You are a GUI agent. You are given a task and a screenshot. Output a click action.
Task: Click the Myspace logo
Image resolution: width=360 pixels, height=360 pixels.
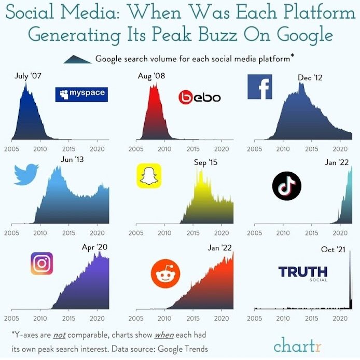click(81, 94)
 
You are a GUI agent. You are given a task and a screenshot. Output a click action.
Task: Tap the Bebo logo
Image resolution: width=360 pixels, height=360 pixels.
click(200, 97)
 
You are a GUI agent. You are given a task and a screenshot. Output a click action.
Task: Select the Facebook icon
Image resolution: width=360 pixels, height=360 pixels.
click(260, 87)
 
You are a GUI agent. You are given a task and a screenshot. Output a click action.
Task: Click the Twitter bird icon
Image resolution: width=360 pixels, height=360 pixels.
click(26, 175)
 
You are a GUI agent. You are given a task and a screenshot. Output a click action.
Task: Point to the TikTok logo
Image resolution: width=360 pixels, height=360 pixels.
click(286, 186)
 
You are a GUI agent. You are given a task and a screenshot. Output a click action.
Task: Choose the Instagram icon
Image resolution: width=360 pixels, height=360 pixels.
click(42, 263)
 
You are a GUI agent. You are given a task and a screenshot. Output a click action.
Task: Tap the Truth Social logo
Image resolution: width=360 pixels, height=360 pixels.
click(303, 273)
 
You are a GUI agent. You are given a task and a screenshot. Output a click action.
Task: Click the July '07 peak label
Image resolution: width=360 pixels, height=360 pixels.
click(28, 76)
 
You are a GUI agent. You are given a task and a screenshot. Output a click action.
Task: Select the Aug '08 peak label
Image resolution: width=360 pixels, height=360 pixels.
click(151, 76)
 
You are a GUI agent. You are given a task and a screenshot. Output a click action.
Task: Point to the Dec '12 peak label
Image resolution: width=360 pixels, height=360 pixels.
click(310, 77)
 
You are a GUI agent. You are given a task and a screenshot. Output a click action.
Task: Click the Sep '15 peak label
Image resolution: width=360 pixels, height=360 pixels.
click(205, 162)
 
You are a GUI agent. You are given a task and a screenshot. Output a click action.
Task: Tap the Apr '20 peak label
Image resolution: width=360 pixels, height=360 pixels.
click(94, 247)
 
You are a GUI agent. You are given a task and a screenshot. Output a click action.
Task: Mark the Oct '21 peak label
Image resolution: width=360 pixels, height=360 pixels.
click(333, 250)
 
